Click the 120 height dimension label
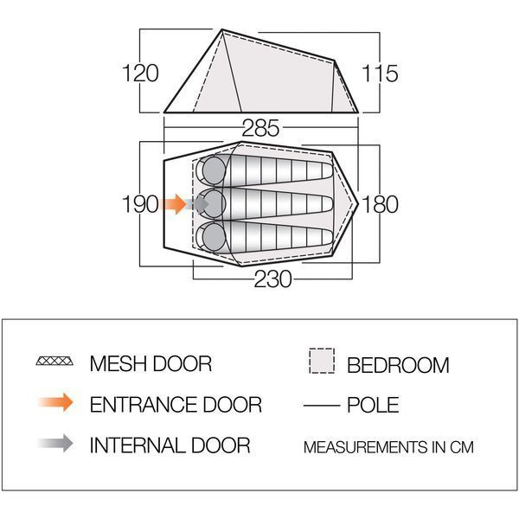tap(140, 74)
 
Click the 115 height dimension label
tap(380, 74)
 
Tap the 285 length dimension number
tap(260, 128)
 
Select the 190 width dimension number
tap(140, 204)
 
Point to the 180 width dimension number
tap(380, 204)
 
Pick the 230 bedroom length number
tap(272, 279)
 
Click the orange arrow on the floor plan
tap(173, 204)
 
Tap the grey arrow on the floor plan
tap(197, 204)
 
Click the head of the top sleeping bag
tap(214, 170)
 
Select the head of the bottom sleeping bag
tap(214, 237)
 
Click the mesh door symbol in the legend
tap(54, 361)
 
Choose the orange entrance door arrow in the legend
tap(55, 402)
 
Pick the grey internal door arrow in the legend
tap(55, 443)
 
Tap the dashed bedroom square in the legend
tap(322, 361)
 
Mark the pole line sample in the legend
tap(322, 405)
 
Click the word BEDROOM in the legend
tap(398, 365)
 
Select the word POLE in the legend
tap(373, 405)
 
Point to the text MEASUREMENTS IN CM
tap(388, 447)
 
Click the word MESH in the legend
tap(118, 364)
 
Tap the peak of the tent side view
tap(221, 29)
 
